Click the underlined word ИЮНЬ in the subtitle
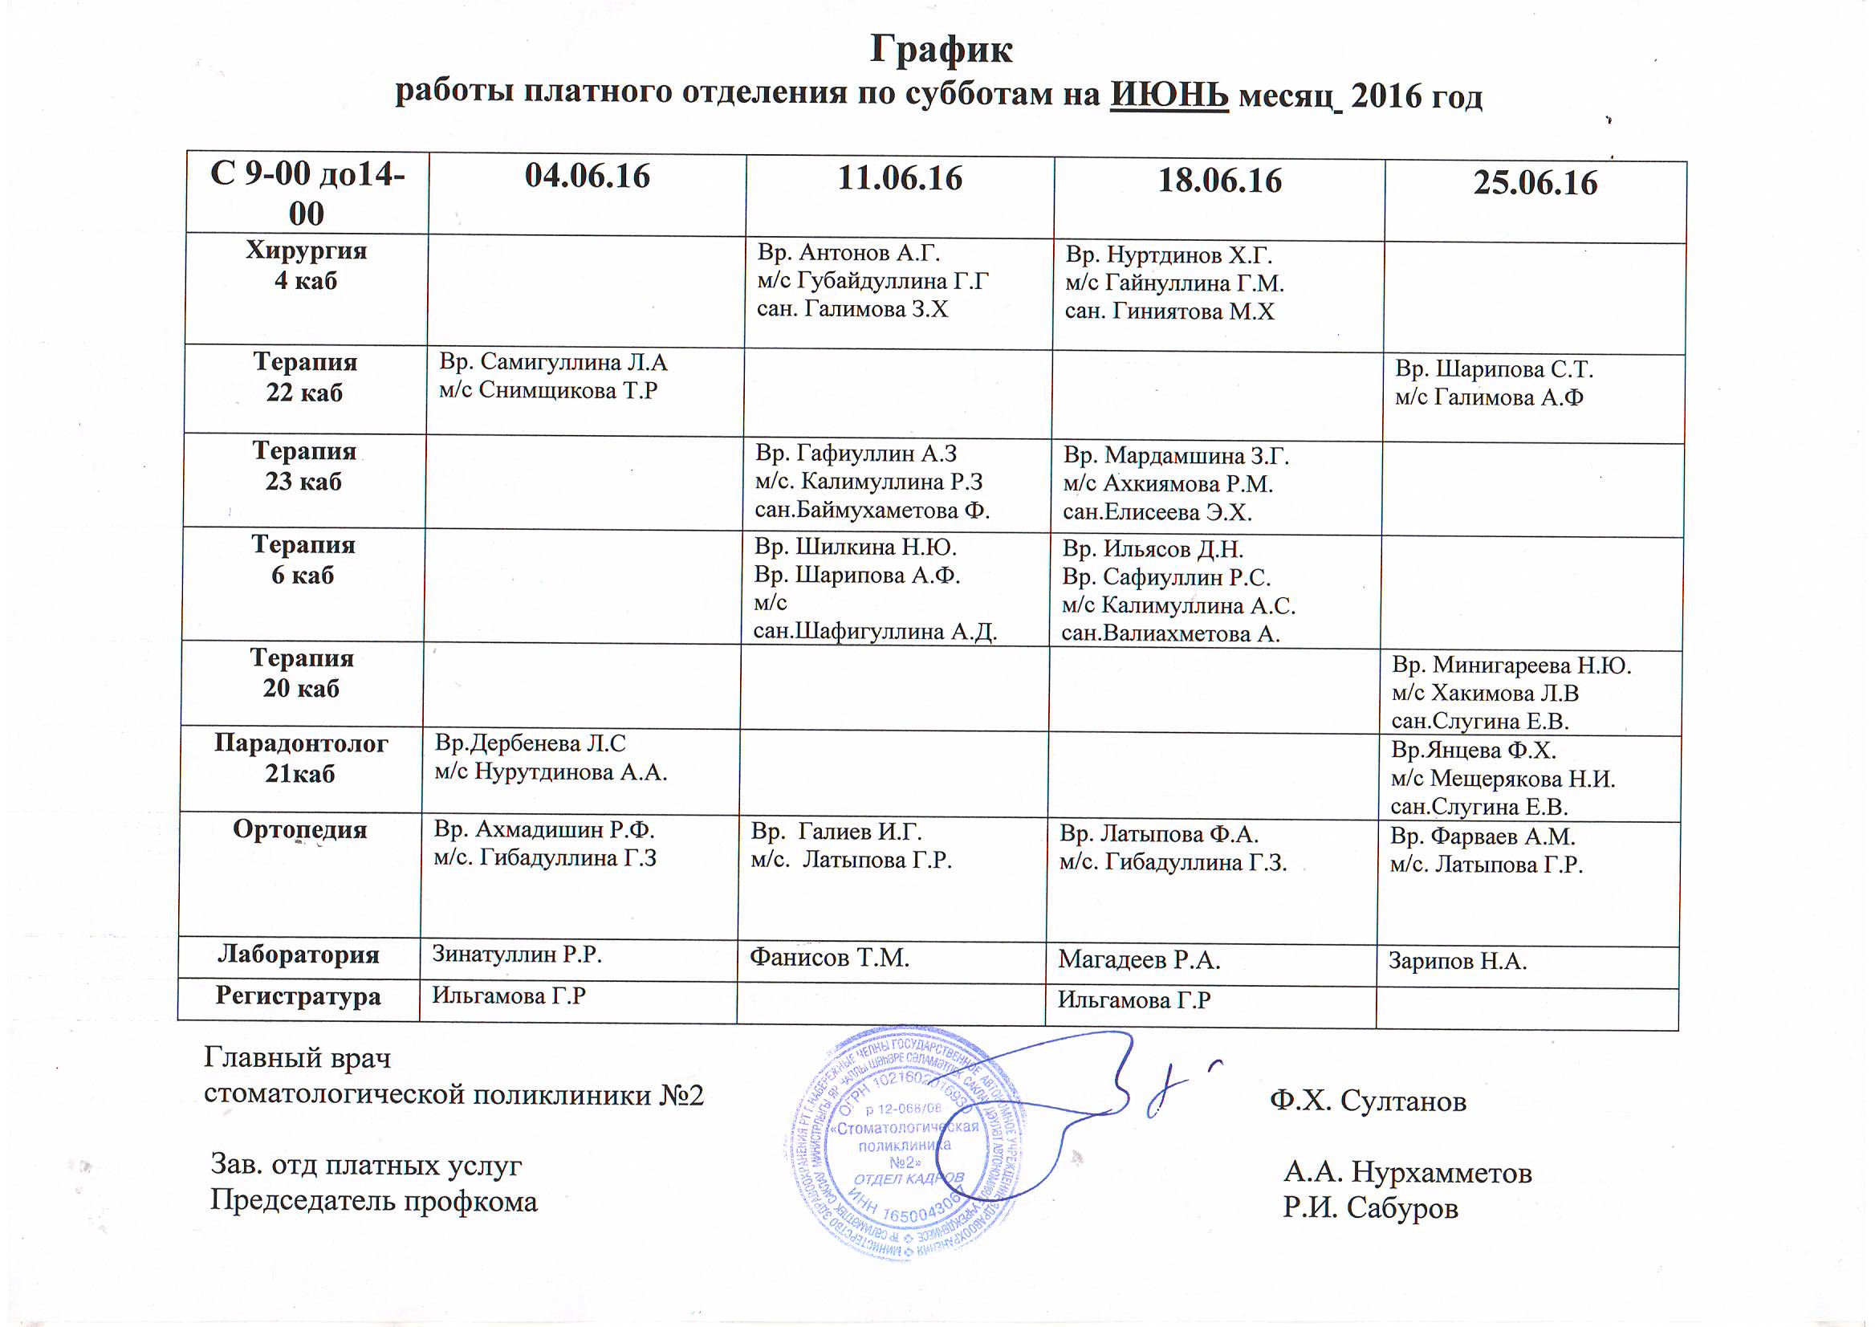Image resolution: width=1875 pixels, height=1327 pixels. tap(1169, 96)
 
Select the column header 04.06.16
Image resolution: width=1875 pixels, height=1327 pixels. tap(587, 177)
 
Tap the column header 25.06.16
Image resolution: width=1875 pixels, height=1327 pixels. tap(1535, 182)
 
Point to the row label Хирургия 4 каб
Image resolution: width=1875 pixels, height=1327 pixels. tap(307, 265)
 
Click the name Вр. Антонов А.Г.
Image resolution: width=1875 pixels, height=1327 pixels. tap(850, 253)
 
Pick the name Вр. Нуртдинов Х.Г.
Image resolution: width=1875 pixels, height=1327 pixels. tap(1169, 255)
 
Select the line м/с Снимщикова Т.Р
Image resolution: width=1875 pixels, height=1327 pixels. tap(548, 391)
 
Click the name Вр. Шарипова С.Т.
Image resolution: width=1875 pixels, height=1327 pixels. tap(1495, 369)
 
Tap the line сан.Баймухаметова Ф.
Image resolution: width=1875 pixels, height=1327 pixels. tap(872, 511)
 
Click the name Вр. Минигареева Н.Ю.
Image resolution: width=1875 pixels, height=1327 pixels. tap(1511, 666)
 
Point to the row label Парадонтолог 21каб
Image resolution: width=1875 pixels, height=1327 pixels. tap(301, 758)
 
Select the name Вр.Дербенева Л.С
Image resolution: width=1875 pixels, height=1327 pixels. tap(531, 743)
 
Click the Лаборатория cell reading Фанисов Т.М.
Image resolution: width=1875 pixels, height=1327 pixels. tap(829, 957)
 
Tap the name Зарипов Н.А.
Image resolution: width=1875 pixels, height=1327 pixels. tap(1458, 962)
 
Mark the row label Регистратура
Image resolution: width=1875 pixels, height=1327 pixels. tap(299, 997)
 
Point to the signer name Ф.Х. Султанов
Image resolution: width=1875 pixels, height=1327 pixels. tap(1368, 1101)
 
